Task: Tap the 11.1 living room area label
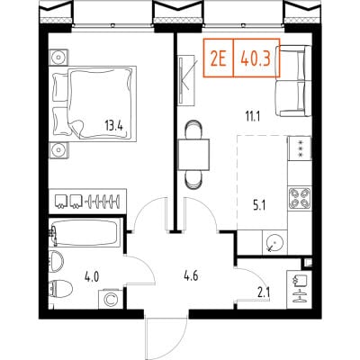[x=253, y=116]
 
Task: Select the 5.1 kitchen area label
[x=259, y=206]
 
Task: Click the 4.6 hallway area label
[x=191, y=275]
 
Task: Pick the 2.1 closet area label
[x=264, y=292]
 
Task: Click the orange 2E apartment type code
[x=219, y=59]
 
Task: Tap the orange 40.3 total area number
[x=256, y=59]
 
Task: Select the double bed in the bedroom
[x=94, y=103]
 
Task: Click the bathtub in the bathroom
[x=85, y=233]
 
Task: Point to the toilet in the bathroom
[x=61, y=289]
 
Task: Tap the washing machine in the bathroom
[x=111, y=299]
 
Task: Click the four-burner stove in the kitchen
[x=300, y=198]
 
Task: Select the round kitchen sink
[x=274, y=242]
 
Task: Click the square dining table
[x=193, y=155]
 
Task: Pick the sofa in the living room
[x=293, y=81]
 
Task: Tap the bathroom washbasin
[x=56, y=261]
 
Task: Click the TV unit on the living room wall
[x=186, y=80]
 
